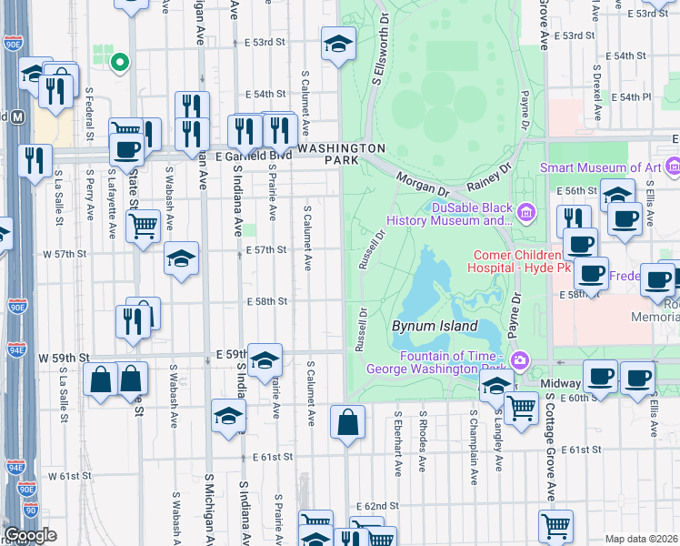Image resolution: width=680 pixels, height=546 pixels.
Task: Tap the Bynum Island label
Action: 435,326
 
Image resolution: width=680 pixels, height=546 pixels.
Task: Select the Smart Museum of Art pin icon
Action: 674,167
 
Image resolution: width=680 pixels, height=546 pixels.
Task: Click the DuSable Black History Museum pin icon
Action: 525,214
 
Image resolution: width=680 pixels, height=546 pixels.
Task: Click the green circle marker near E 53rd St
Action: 118,62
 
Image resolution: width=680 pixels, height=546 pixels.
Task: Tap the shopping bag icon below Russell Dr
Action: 347,422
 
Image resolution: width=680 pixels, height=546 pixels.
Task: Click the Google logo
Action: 30,535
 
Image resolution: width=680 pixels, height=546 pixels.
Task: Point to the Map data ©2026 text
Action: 642,539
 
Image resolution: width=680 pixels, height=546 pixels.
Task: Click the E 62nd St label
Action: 378,505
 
